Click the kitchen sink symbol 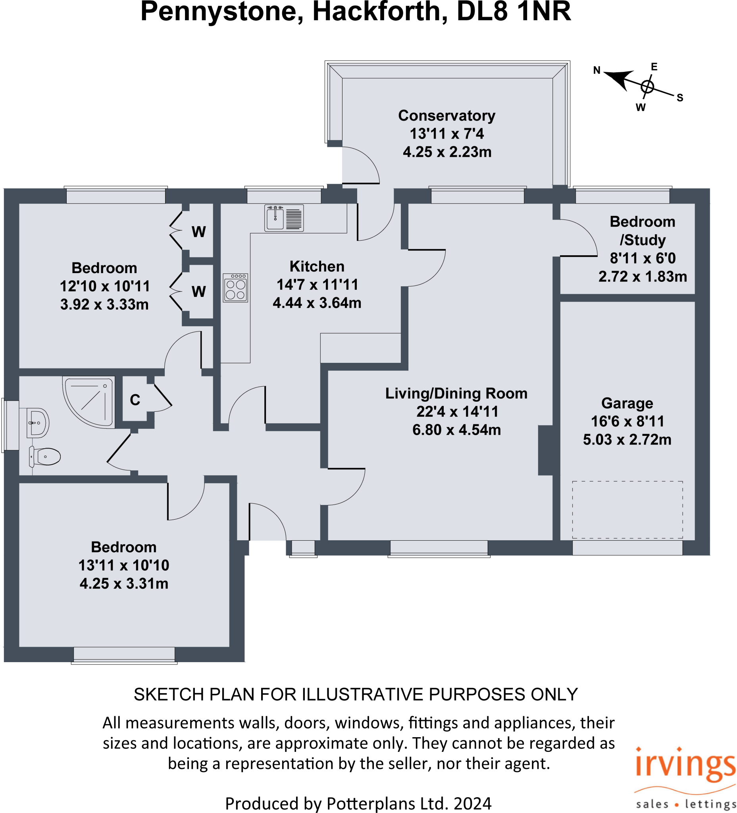coord(284,218)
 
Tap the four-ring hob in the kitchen coord(235,288)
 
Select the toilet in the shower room coord(46,457)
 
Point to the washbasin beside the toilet coord(37,423)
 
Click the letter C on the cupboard coord(135,400)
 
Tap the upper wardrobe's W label coord(199,232)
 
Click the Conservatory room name coord(447,116)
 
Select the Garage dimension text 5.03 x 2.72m coord(627,439)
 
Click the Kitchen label coord(317,266)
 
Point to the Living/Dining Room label coord(456,393)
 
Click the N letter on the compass coord(597,70)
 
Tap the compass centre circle coord(647,86)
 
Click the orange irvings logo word coord(685,765)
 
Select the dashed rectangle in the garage coord(627,509)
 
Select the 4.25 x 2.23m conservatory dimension coord(447,152)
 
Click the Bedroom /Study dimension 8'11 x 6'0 coord(643,258)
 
